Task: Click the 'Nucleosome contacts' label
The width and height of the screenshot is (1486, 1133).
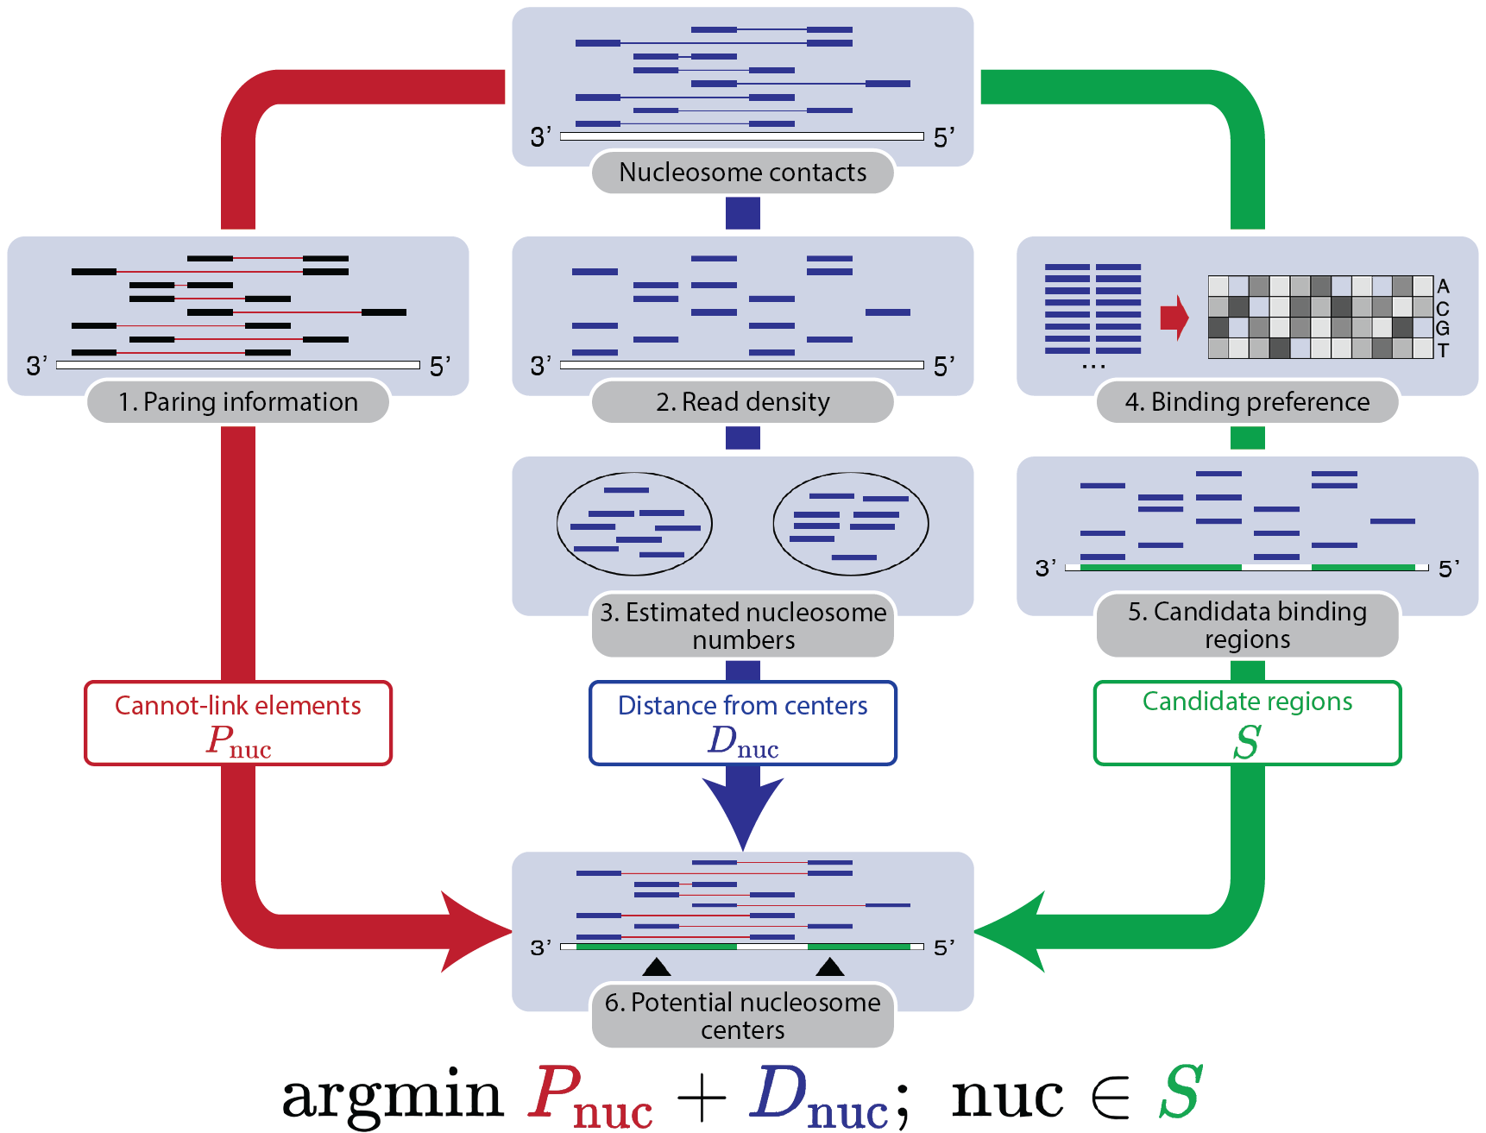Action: pyautogui.click(x=742, y=173)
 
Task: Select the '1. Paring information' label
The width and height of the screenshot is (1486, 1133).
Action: pyautogui.click(x=237, y=402)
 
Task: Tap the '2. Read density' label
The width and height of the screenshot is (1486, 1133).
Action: pyautogui.click(x=742, y=402)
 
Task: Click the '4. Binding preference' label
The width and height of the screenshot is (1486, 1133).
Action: pyautogui.click(x=1247, y=402)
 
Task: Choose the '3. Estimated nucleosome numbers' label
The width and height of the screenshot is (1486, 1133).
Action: pyautogui.click(x=742, y=626)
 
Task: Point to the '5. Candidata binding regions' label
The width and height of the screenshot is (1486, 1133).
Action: pyautogui.click(x=1247, y=625)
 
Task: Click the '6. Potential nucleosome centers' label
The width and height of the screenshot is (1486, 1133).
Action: pyautogui.click(x=742, y=1016)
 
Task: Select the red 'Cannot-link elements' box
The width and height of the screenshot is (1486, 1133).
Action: pyautogui.click(x=238, y=723)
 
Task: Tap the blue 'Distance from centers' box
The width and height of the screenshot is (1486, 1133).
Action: pyautogui.click(x=742, y=723)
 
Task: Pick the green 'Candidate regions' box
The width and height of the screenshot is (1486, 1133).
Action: pyautogui.click(x=1247, y=723)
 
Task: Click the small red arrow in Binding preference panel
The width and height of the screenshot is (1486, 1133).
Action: pyautogui.click(x=1174, y=318)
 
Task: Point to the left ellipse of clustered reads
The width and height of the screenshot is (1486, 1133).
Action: pyautogui.click(x=634, y=524)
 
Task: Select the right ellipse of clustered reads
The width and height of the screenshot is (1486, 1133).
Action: pyautogui.click(x=851, y=524)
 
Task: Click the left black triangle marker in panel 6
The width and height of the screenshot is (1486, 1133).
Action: pyautogui.click(x=657, y=967)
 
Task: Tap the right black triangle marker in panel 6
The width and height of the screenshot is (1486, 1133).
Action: pyautogui.click(x=830, y=967)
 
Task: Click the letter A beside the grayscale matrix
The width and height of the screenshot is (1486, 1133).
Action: pyautogui.click(x=1443, y=286)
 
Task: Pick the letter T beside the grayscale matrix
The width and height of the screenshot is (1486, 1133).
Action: pyautogui.click(x=1443, y=350)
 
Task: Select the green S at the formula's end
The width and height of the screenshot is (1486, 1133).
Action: pyautogui.click(x=1180, y=1092)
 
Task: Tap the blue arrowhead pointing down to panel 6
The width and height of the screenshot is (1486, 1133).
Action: pyautogui.click(x=742, y=811)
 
